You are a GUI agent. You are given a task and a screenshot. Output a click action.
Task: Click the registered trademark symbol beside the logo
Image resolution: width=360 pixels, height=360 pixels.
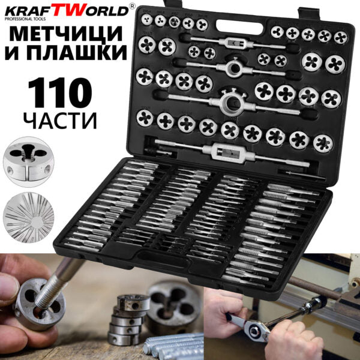[x=132, y=7]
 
